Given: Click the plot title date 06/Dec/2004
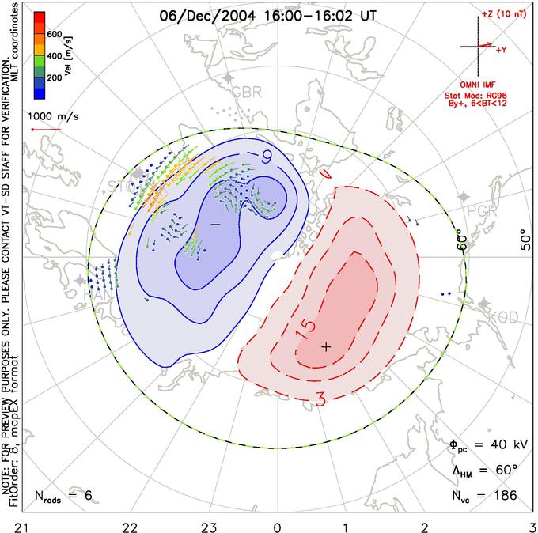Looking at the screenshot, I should point(197,13).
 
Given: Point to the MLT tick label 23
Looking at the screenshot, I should point(209,524).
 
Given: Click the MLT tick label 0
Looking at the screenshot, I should point(277,524).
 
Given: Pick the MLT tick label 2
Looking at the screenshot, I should point(426,524).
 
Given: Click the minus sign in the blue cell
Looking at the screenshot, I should point(215,225).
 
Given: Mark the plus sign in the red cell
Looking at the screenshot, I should point(325,346).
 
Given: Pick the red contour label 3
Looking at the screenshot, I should point(320,399).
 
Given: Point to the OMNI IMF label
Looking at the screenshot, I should point(493,84).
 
